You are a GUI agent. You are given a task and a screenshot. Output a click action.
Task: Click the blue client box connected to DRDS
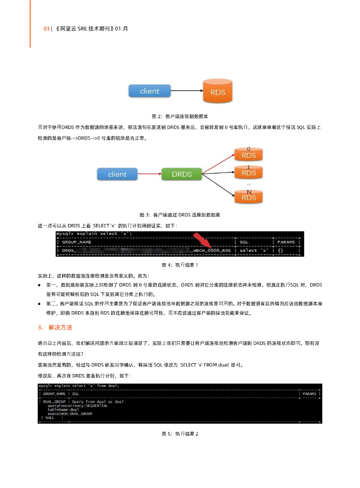(117, 174)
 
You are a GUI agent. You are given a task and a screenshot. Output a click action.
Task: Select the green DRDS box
(182, 174)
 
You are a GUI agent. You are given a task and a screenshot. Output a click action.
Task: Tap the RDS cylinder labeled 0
(248, 155)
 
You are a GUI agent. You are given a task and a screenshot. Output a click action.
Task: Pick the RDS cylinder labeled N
(248, 197)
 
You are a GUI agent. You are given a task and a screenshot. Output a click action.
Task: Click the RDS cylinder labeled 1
(248, 173)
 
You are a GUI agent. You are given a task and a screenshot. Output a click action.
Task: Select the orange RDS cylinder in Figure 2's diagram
(217, 92)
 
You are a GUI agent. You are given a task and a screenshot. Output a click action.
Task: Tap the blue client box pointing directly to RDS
(149, 91)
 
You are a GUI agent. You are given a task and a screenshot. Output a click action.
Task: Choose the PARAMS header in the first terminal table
(286, 242)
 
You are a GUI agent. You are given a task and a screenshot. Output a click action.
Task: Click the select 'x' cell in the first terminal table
(254, 250)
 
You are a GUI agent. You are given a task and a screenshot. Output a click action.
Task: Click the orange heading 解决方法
(61, 328)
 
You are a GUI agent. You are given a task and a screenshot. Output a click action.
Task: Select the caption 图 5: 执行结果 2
(180, 434)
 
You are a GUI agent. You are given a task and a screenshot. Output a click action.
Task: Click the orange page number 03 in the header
(46, 29)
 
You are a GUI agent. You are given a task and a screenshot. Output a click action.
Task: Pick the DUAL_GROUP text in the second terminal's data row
(54, 402)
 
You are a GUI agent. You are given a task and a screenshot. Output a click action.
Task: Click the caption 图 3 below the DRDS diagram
(180, 215)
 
